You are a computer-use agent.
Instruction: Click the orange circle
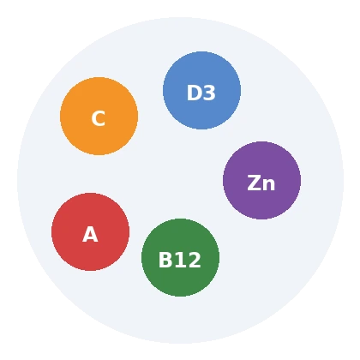point(99,116)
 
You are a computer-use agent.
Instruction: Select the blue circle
point(201,90)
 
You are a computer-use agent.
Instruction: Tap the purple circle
point(261,180)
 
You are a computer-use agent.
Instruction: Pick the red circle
point(90,231)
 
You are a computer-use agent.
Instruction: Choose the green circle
point(180,257)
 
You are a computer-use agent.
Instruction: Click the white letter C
point(99,118)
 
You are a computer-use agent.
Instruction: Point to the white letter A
point(90,234)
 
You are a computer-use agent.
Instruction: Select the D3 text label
point(201,93)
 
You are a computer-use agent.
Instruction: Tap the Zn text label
point(261,183)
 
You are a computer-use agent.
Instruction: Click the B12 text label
point(180,260)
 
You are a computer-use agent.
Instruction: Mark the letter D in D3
point(194,93)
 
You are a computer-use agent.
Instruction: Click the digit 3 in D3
point(209,93)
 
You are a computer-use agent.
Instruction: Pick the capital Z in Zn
point(254,183)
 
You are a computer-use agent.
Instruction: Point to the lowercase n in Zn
point(269,184)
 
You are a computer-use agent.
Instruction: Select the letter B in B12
point(165,260)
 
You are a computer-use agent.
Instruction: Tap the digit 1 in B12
point(180,260)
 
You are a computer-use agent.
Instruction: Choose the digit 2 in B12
point(195,260)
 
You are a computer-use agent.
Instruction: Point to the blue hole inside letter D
point(195,93)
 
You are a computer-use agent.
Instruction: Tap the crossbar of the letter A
point(90,237)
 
